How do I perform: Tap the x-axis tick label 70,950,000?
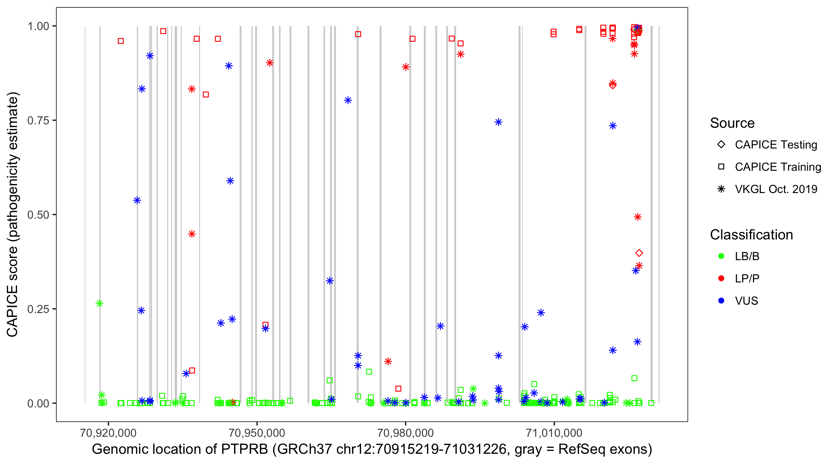tap(257, 433)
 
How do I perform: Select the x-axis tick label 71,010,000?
tap(554, 433)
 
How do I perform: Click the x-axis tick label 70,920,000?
tap(108, 433)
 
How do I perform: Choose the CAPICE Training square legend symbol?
tap(721, 167)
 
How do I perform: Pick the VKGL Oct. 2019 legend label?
tap(776, 189)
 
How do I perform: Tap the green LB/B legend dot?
tap(721, 256)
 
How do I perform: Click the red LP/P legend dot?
tap(721, 278)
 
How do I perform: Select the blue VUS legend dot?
tap(721, 301)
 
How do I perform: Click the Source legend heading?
tap(732, 123)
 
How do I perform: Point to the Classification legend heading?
tap(751, 235)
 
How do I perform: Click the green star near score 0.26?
tap(100, 303)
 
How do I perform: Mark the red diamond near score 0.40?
tap(639, 253)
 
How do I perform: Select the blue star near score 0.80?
tap(348, 100)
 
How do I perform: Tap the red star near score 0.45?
tap(192, 234)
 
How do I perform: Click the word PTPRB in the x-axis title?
tap(244, 449)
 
